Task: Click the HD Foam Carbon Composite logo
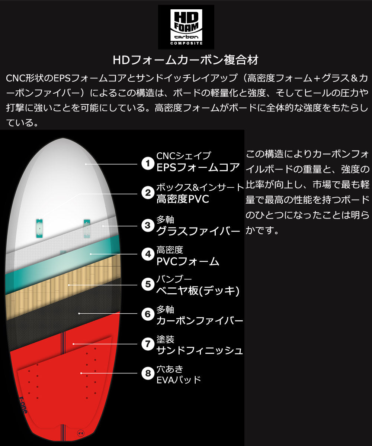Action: pos(186,27)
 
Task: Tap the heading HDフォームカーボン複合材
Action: pos(186,60)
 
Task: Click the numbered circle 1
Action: pos(148,164)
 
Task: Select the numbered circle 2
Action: pos(148,193)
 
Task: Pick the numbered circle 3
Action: pos(148,225)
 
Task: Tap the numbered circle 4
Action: pos(148,254)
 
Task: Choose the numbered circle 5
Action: pos(148,285)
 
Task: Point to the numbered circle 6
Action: pos(148,314)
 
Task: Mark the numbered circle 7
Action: pos(148,344)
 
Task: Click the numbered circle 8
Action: pos(148,374)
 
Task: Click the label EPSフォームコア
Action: pos(198,167)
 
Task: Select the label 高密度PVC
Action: pos(183,199)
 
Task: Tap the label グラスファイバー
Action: pos(198,231)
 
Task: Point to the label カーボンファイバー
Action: pos(200,321)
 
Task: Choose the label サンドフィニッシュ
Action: pos(200,350)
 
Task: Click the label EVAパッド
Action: pos(179,380)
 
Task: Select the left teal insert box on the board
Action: pos(39,228)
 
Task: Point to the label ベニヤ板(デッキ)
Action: pos(198,291)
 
